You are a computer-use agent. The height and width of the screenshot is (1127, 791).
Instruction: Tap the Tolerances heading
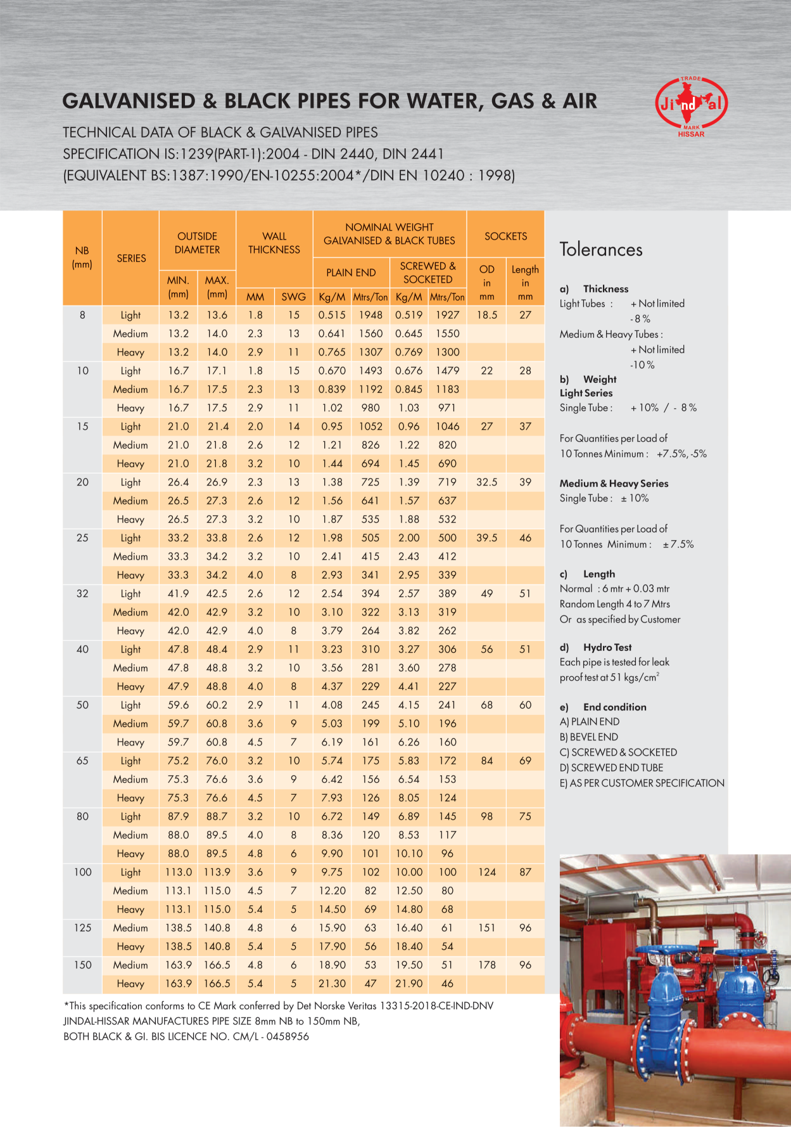(x=600, y=250)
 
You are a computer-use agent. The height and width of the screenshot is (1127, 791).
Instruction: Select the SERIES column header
(x=131, y=258)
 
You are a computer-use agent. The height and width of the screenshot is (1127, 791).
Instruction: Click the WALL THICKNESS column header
(x=274, y=243)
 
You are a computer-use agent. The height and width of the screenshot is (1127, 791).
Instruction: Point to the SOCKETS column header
(x=505, y=236)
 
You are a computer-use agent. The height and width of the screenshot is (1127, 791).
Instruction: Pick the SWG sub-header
(x=293, y=297)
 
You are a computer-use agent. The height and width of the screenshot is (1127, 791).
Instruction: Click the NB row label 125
(x=82, y=927)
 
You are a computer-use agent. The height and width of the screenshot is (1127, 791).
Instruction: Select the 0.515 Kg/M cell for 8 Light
(x=332, y=315)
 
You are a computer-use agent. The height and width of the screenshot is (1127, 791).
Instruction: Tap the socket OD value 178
(x=486, y=965)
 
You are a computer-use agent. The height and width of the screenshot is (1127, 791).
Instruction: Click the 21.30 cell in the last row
(x=332, y=983)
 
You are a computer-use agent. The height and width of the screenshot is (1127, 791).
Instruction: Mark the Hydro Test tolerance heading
(x=607, y=647)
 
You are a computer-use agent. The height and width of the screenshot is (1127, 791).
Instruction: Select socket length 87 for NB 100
(x=525, y=872)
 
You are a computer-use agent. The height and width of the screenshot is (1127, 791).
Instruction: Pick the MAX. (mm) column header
(x=217, y=287)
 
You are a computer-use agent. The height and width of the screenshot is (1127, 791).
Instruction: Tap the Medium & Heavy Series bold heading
(x=614, y=483)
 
